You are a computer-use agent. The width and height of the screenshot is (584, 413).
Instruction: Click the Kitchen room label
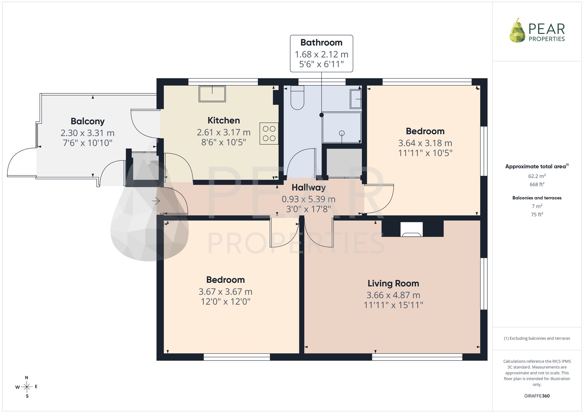coord(224,120)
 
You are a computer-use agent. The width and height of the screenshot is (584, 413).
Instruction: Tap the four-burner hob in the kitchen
coord(269,133)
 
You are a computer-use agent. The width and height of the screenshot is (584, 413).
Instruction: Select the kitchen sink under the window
coord(212,94)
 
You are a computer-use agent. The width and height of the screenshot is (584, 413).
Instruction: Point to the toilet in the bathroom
coord(298,97)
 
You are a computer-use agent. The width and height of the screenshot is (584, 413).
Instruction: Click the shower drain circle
coord(342,133)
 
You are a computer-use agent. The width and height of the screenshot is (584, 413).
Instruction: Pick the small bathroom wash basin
coord(356,99)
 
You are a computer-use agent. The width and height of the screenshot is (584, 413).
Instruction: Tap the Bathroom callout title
coord(321,43)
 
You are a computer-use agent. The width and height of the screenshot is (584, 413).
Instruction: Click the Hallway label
coord(309,187)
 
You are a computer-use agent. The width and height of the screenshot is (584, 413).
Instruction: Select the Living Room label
coord(393,283)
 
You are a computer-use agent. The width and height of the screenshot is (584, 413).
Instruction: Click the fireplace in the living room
coord(411,229)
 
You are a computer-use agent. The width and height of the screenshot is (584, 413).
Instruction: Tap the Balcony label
coord(88,121)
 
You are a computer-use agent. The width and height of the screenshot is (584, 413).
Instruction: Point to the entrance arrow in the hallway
coord(156,201)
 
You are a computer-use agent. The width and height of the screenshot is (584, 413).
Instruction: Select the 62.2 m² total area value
coord(537,176)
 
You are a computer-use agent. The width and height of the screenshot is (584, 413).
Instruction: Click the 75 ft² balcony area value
coord(537,214)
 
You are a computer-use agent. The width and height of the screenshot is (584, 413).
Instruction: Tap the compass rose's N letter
coord(27,378)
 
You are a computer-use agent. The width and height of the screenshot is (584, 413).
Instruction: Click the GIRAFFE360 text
coord(537,396)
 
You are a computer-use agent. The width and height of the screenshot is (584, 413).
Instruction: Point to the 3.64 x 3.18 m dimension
coord(425,143)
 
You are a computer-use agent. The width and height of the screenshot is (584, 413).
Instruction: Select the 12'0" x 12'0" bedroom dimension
coord(225,302)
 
